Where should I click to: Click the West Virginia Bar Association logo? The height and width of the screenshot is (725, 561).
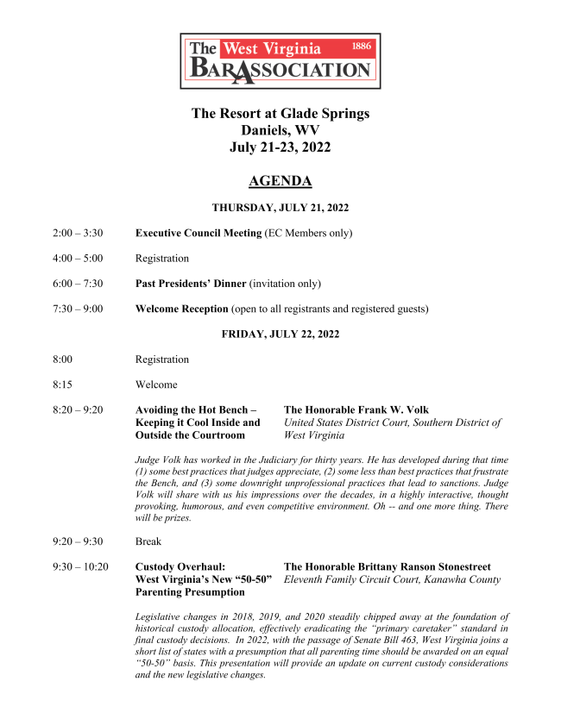[280, 61]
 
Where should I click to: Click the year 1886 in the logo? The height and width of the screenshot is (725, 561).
[362, 46]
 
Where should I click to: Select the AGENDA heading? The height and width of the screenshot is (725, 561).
[280, 181]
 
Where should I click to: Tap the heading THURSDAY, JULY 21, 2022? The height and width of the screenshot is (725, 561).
[280, 208]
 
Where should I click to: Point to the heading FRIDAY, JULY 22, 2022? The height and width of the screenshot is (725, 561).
[280, 334]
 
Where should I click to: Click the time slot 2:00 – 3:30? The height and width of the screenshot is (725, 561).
[78, 233]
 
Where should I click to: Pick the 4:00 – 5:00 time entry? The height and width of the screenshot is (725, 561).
[78, 258]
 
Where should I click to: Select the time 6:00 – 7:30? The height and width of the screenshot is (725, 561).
[78, 283]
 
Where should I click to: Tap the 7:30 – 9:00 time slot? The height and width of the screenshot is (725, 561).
[78, 309]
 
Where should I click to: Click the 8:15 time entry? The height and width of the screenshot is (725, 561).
[63, 384]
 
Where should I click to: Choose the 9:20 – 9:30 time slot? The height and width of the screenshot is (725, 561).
[78, 541]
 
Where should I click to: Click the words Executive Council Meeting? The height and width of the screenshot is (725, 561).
[199, 233]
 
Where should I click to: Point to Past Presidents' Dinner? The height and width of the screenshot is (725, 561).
[191, 283]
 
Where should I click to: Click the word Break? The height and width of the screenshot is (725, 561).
[148, 541]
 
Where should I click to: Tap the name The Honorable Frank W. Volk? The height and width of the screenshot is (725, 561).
[356, 409]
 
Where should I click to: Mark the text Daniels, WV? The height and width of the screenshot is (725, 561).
[280, 130]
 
